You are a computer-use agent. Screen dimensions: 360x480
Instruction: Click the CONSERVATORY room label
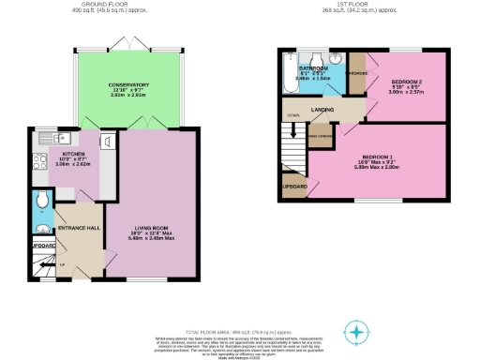[x=127, y=85]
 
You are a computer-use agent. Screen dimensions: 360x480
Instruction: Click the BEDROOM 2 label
[x=407, y=82]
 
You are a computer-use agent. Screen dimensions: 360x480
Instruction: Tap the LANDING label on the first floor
[x=325, y=110]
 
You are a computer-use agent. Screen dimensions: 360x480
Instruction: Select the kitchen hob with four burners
[x=40, y=161]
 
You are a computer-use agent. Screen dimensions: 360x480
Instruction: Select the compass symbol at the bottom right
[x=356, y=332]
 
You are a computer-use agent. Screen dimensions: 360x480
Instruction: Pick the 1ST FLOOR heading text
[x=359, y=5]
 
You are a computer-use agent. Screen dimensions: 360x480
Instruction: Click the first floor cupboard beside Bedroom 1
[x=293, y=186]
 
